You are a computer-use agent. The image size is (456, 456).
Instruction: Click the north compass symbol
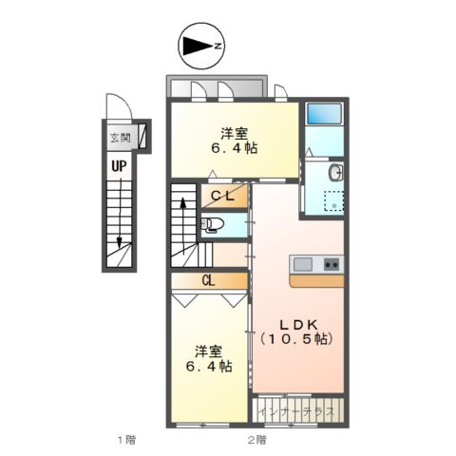[x=201, y=47]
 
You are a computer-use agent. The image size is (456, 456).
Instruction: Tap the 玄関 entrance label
[x=120, y=138]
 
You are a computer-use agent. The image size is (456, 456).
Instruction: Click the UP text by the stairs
[x=119, y=166]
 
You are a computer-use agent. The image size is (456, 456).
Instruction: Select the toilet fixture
[x=213, y=225]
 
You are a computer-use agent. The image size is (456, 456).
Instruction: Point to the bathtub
[x=324, y=113]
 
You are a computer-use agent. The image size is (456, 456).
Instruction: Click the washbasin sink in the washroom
[x=335, y=173]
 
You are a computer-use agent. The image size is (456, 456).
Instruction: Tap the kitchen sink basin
[x=303, y=264]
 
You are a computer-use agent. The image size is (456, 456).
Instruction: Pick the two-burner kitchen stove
[x=332, y=264]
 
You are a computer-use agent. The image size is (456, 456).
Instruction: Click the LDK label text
[x=297, y=324]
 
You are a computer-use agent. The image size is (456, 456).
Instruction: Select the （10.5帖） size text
[x=296, y=339]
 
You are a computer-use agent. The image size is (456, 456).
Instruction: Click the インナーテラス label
[x=296, y=412]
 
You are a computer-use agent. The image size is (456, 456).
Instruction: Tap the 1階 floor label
[x=126, y=440]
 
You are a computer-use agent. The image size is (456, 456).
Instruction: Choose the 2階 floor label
[x=256, y=440]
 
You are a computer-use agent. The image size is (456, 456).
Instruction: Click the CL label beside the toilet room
[x=222, y=196]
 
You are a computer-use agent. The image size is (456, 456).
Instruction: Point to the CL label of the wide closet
[x=208, y=280]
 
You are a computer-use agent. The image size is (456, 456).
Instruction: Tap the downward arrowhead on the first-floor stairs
[x=119, y=243]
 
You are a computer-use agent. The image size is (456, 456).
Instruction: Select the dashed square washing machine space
[x=333, y=200]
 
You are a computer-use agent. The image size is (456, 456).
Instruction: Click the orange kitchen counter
[x=316, y=281]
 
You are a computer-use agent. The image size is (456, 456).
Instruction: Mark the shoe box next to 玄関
[x=142, y=136]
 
